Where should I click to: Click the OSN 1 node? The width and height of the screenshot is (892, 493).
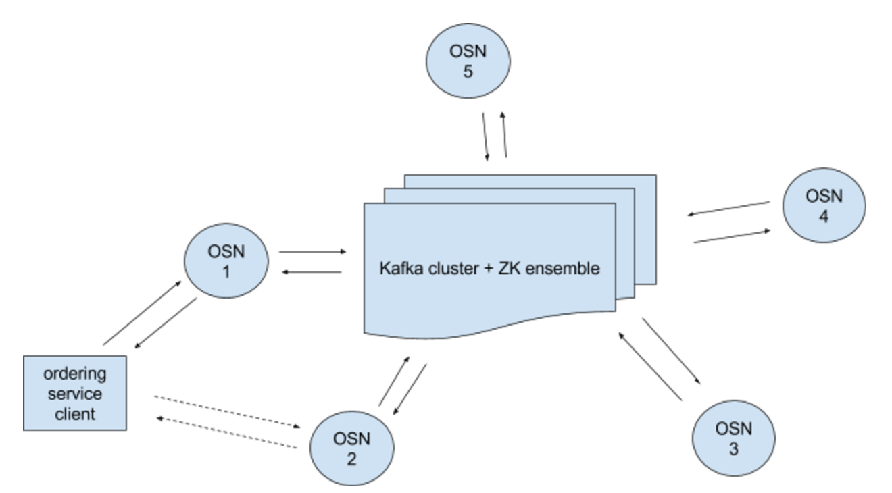click(x=226, y=261)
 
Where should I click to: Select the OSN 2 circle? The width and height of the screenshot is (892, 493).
click(x=352, y=448)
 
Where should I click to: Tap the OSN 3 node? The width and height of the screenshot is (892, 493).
click(x=733, y=438)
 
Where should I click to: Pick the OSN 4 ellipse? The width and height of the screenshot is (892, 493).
click(x=824, y=205)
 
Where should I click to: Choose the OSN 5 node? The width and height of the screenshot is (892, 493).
click(x=468, y=61)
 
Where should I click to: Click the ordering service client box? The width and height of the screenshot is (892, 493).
click(x=75, y=393)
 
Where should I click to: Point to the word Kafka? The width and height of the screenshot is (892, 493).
click(x=401, y=268)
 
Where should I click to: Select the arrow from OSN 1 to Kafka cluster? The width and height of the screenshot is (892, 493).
click(x=313, y=251)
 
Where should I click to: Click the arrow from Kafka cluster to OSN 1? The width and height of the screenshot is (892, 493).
click(x=312, y=272)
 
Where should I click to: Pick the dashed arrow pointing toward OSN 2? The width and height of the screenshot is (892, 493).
click(x=227, y=412)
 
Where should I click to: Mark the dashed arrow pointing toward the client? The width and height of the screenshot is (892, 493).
click(x=226, y=433)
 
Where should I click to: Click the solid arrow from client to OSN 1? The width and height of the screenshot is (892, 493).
click(x=142, y=313)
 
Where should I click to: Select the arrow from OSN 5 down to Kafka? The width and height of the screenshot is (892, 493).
click(x=486, y=137)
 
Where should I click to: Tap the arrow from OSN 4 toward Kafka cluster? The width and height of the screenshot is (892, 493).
click(x=728, y=209)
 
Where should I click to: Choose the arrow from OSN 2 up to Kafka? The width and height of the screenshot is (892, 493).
click(x=394, y=381)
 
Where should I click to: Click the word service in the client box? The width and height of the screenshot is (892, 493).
click(x=75, y=394)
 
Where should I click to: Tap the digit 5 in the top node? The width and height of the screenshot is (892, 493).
click(x=468, y=72)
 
